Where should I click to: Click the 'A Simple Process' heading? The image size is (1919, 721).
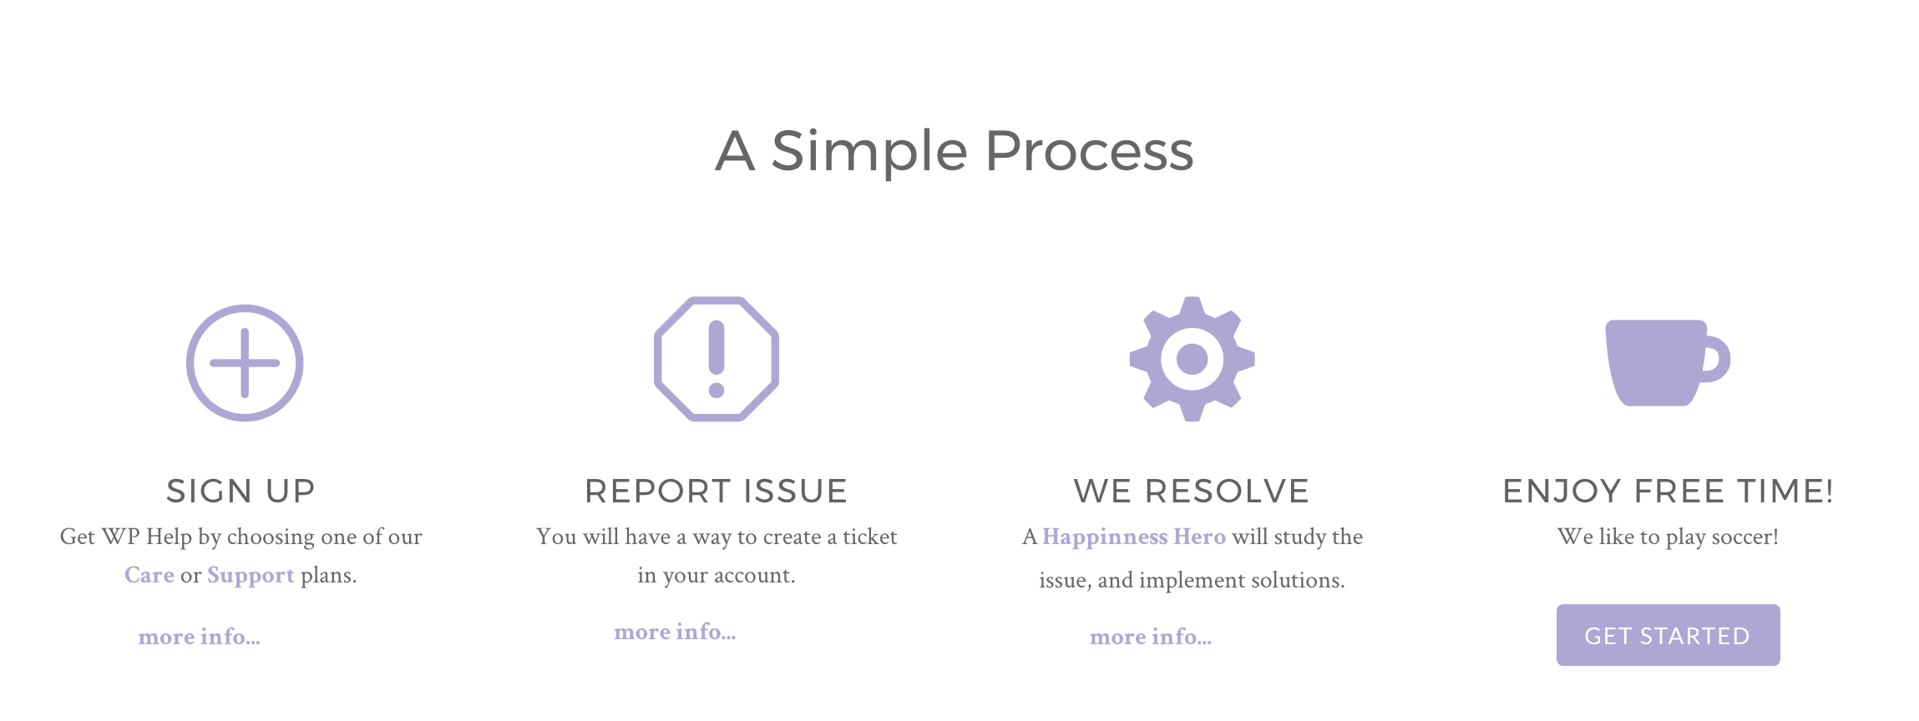point(954,151)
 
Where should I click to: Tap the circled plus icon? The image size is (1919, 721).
point(244,363)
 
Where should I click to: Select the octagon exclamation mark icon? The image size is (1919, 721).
point(716,359)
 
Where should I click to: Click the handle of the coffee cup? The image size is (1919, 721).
point(1716,360)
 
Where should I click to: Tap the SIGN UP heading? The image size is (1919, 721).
point(241,492)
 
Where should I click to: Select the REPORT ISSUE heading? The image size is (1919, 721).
point(716,492)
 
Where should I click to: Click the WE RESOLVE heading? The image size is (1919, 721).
point(1191,492)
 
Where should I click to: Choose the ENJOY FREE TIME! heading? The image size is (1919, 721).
point(1668,492)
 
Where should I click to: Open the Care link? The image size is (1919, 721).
point(149,575)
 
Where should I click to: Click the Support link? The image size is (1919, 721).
point(251,575)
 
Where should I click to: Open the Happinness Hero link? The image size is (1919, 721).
point(1133,537)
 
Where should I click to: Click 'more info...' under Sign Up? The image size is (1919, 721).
point(199,637)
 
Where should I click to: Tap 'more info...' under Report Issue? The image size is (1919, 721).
point(675,632)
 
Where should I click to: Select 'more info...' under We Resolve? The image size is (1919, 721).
point(1150,637)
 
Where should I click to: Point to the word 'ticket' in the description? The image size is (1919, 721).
point(869,537)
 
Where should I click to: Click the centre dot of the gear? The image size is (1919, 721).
point(1192,360)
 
